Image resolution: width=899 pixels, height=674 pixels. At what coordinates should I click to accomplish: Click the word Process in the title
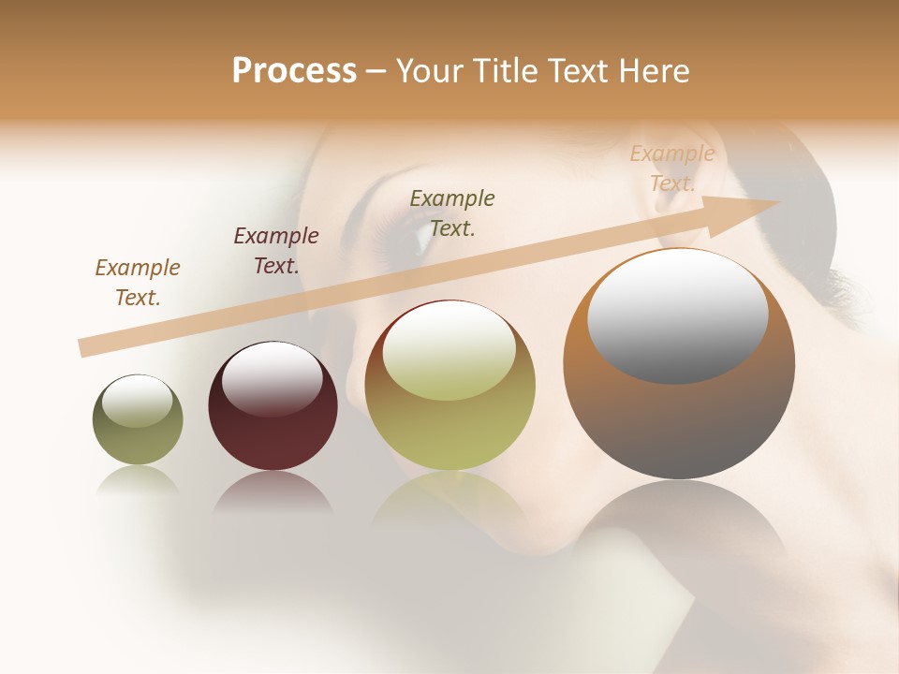pyautogui.click(x=294, y=71)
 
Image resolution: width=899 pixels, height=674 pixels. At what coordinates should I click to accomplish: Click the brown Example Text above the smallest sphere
pyautogui.click(x=138, y=282)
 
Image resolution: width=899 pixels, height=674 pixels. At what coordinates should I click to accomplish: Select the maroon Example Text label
pyautogui.click(x=276, y=250)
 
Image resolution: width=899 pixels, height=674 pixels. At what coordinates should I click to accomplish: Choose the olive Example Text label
pyautogui.click(x=452, y=212)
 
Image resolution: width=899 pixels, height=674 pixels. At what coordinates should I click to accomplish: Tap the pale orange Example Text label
pyautogui.click(x=672, y=168)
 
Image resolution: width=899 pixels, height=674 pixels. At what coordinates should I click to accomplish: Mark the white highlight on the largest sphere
pyautogui.click(x=677, y=316)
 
